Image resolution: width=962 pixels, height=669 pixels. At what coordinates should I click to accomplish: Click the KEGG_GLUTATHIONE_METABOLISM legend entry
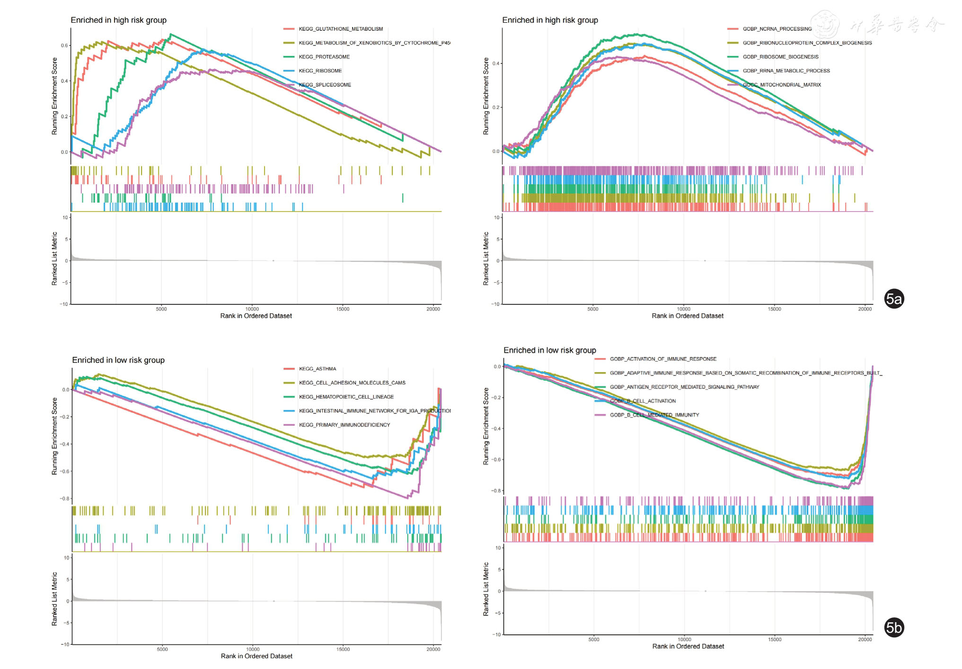point(341,29)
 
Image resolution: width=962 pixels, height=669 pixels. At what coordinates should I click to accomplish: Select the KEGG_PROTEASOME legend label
point(324,57)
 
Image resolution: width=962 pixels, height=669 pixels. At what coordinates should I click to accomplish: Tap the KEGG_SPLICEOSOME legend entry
point(325,85)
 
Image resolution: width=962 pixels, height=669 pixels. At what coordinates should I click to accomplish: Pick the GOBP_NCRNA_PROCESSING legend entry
point(777,29)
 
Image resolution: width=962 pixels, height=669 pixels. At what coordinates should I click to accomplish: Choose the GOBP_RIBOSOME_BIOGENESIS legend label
point(780,57)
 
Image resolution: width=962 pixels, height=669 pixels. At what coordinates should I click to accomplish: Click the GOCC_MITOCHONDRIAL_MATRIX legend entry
point(782,85)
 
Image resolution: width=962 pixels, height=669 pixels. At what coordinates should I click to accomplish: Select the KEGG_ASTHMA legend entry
point(318,369)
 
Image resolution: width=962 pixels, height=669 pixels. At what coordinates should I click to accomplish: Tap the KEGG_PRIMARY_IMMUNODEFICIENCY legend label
point(344,425)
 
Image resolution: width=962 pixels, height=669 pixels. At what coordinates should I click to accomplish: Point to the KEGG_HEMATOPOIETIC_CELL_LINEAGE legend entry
point(346,397)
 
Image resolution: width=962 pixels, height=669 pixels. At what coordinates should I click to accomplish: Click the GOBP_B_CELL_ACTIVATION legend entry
point(643,401)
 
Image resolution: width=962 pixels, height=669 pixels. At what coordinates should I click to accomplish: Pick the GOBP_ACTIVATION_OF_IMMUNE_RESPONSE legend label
point(663,359)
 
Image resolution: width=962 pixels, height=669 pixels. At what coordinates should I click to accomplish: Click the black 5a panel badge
point(894,299)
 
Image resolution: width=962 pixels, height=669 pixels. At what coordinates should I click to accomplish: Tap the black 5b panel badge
point(894,628)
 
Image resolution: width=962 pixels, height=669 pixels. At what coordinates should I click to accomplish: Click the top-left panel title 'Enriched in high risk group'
point(119,20)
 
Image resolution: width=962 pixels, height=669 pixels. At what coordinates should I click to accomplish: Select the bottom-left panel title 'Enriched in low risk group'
point(118,360)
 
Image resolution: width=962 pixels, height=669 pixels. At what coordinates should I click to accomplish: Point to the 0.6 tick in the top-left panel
point(64,45)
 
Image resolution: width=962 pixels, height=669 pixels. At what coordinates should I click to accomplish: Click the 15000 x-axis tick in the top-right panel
point(774,309)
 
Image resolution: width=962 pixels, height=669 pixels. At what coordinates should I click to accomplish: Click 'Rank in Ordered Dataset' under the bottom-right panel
point(688,646)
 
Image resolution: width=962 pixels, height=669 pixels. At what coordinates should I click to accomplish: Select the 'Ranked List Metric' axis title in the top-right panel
point(486,259)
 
